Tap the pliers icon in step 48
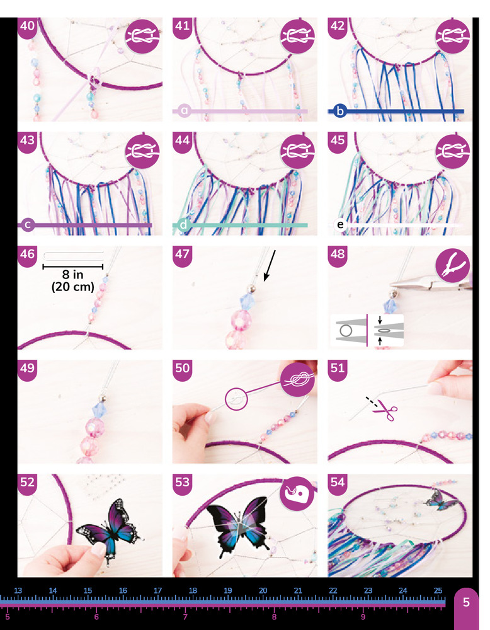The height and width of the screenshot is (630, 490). pos(452,265)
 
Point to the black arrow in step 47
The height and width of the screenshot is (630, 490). pos(269,266)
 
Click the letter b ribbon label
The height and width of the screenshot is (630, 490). pos(340,111)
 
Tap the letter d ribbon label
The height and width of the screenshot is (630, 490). pos(183,225)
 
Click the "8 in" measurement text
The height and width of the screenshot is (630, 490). pos(72,275)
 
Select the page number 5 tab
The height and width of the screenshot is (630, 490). pos(466,602)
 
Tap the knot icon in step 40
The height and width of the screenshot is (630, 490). pos(142,37)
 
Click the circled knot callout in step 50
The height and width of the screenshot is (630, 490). pos(237,399)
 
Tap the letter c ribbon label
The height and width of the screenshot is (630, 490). pos(28,225)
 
